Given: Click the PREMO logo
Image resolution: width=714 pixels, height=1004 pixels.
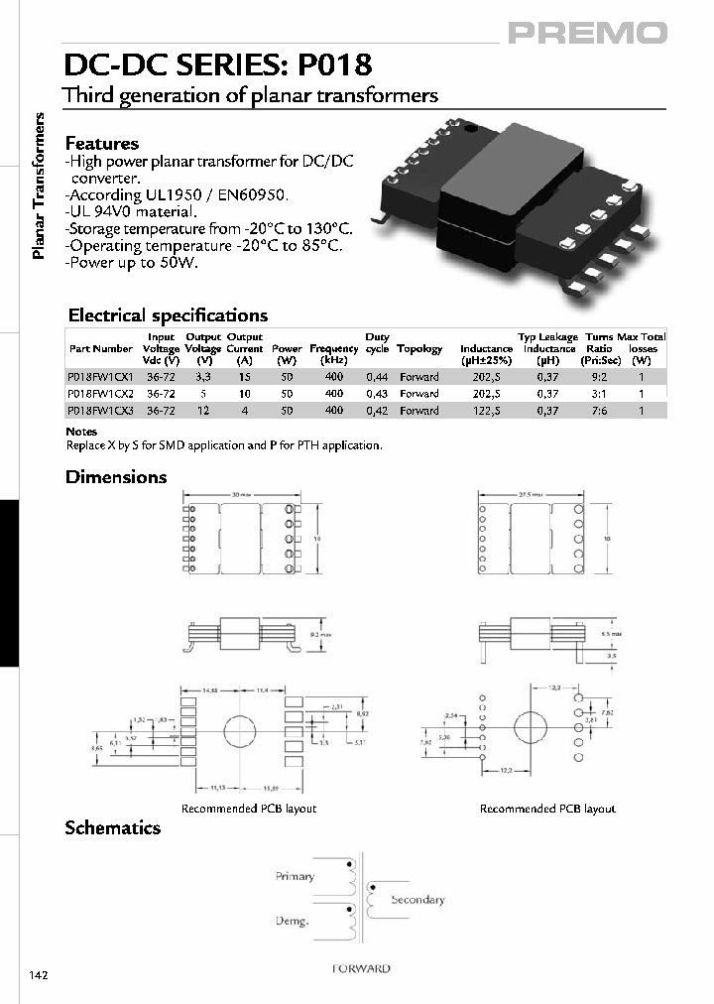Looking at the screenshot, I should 588,33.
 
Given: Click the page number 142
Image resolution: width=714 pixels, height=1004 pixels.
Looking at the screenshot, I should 38,975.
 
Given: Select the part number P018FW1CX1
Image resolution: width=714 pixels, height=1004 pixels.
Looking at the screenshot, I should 99,377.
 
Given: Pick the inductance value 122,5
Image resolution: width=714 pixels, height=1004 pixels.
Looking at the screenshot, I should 486,411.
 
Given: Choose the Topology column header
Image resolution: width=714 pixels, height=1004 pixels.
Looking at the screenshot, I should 419,349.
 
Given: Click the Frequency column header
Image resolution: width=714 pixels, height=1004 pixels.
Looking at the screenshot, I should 333,349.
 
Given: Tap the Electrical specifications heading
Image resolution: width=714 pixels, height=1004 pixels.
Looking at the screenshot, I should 168,315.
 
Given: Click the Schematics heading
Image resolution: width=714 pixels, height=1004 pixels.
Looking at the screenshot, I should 112,827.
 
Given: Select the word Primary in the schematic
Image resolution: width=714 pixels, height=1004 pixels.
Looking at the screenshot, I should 295,876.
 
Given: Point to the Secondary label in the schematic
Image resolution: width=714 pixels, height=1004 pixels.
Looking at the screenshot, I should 417,900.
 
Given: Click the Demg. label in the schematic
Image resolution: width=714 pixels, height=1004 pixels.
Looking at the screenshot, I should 293,922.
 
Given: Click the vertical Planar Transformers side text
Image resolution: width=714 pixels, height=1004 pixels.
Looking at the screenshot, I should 40,187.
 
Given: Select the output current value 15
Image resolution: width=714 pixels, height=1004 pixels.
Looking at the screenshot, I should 244,377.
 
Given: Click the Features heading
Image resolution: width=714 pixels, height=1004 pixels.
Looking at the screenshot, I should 101,144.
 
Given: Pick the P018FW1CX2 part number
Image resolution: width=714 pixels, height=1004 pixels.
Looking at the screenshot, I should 99,394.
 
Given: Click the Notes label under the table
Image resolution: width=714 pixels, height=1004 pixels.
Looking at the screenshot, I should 81,432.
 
